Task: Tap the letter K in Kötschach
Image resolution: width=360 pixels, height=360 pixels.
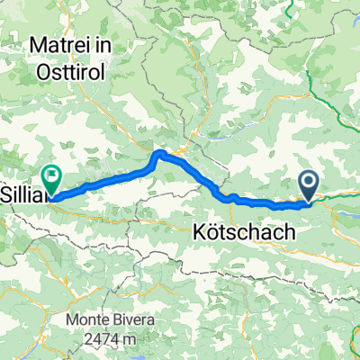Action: (200, 232)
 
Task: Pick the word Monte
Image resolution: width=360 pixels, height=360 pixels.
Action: (89, 321)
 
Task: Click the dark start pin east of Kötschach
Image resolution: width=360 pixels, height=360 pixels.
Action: (309, 186)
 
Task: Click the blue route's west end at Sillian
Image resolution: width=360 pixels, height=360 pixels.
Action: (51, 193)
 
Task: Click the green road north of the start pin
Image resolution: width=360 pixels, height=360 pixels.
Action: (310, 108)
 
